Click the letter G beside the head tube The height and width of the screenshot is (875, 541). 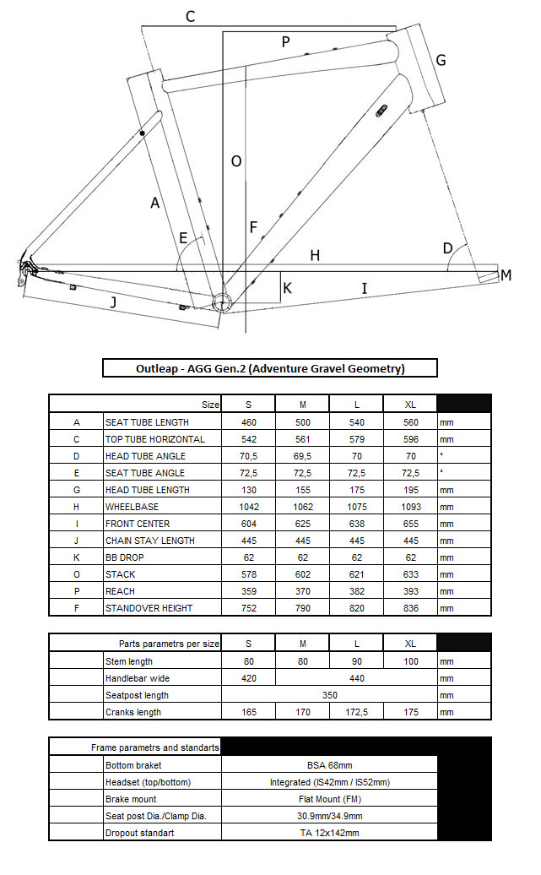441,61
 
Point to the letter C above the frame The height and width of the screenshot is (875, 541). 191,16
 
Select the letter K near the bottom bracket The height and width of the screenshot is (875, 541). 287,288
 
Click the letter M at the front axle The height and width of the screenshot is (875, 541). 506,275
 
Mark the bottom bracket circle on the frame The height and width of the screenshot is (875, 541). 221,302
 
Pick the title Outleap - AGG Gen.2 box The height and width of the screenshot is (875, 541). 270,368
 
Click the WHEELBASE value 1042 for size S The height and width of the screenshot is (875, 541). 248,507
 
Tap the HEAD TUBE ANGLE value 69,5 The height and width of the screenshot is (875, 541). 302,456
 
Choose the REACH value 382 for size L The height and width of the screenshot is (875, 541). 356,591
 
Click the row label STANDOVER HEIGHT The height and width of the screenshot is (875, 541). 149,608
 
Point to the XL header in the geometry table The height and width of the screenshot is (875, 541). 410,405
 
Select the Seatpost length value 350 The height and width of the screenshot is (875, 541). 329,695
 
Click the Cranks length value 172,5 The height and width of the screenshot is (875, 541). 356,712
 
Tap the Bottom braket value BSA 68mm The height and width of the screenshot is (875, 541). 329,765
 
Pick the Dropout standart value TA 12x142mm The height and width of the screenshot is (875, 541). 329,833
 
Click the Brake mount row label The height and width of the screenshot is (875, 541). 131,799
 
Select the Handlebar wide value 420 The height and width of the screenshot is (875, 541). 248,678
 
